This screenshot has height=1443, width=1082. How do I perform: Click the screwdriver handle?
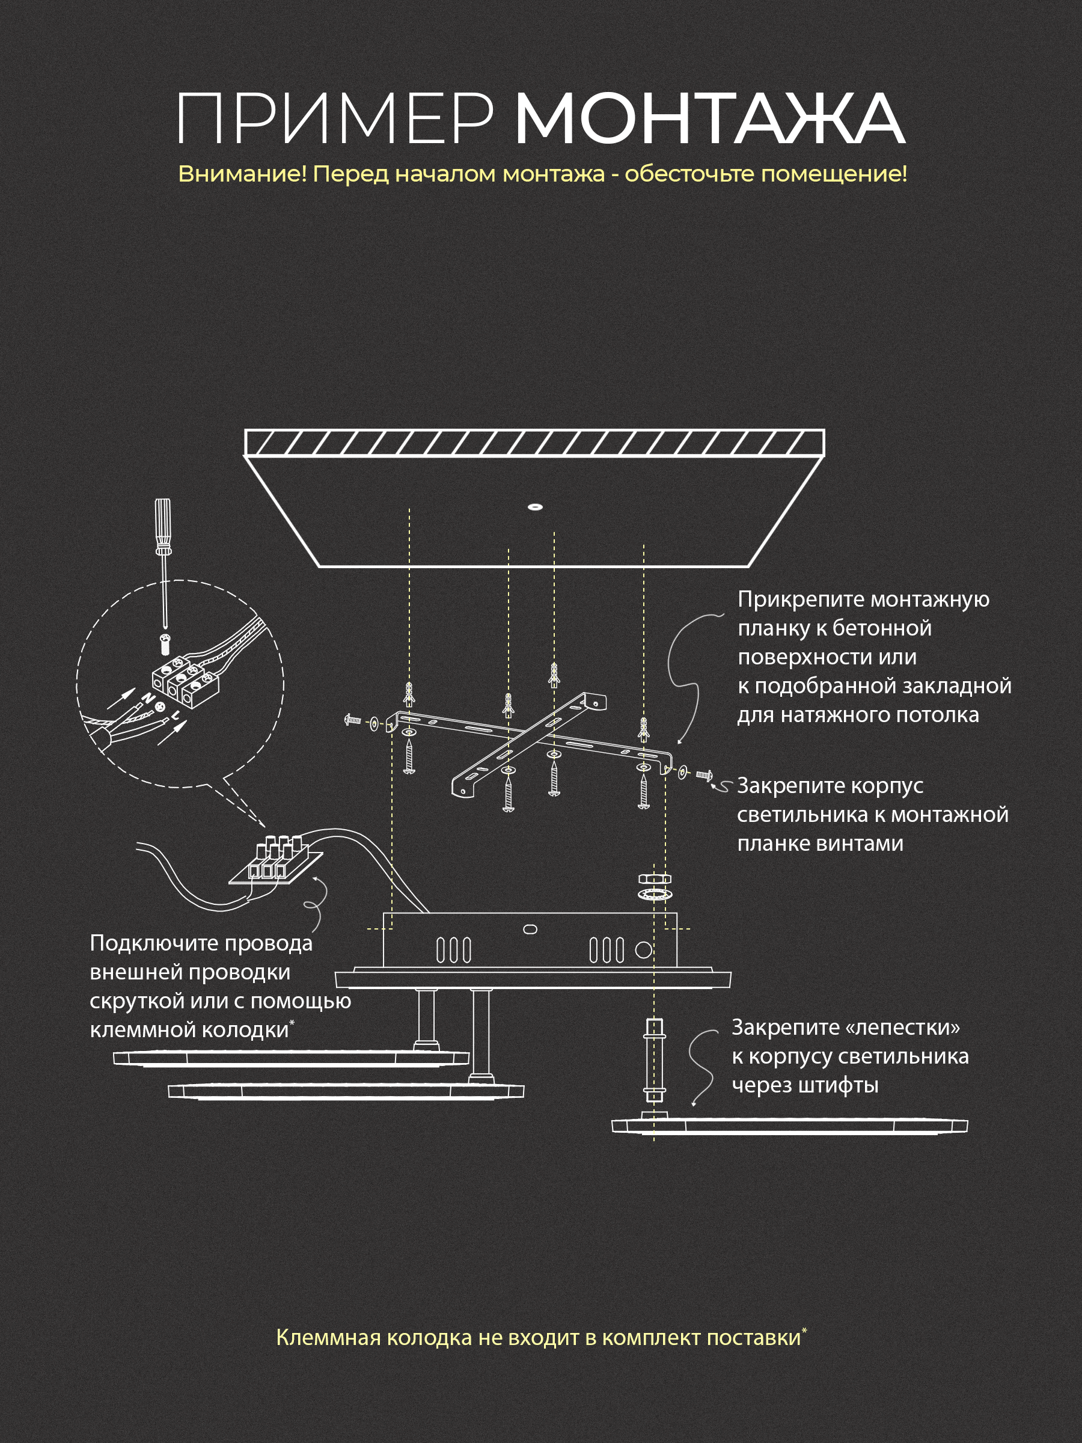pyautogui.click(x=163, y=527)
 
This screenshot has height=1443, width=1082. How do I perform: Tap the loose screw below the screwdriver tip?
pyautogui.click(x=165, y=643)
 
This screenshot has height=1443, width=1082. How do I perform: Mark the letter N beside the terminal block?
pyautogui.click(x=148, y=699)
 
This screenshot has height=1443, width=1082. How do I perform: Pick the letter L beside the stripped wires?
pyautogui.click(x=176, y=715)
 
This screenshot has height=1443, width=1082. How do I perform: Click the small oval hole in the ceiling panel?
pyautogui.click(x=536, y=507)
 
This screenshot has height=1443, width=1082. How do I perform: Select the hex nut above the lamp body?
pyautogui.click(x=654, y=878)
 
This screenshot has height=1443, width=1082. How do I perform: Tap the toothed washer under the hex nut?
pyautogui.click(x=654, y=893)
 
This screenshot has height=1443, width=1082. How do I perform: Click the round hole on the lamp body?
pyautogui.click(x=644, y=950)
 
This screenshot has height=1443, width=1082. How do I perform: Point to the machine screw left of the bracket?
pyautogui.click(x=352, y=720)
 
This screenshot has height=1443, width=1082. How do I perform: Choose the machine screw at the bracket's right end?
pyautogui.click(x=705, y=776)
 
